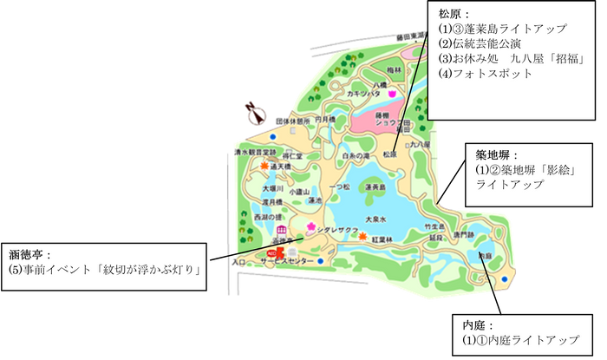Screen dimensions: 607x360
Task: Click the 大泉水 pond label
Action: (x=375, y=219)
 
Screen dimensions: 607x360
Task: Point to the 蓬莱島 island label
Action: (x=375, y=187)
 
